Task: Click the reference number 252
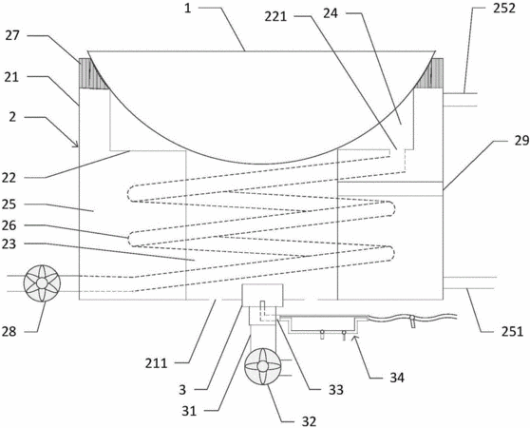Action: (504, 9)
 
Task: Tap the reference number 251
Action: (512, 332)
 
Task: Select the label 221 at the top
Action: (275, 16)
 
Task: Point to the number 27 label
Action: (12, 35)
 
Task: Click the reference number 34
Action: (397, 378)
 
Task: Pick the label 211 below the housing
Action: (157, 363)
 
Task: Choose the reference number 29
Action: (522, 140)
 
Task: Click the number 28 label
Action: (9, 331)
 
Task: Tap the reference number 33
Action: (336, 390)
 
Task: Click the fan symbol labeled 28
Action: (42, 283)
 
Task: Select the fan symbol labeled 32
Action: (263, 366)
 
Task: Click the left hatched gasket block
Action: (94, 73)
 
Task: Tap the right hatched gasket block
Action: (429, 73)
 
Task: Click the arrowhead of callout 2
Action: (77, 146)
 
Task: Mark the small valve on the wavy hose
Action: (412, 321)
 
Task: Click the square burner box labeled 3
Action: (263, 295)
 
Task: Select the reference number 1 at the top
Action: (188, 9)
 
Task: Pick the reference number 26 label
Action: (9, 225)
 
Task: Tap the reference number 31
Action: (189, 411)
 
